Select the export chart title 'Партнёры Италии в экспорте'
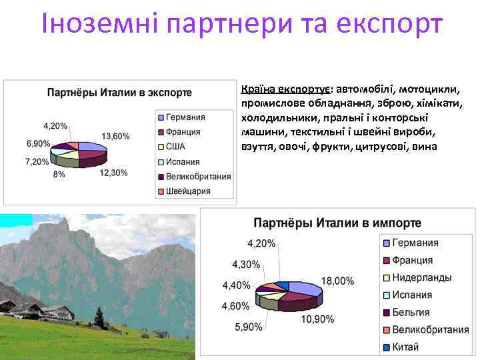(x=120, y=93)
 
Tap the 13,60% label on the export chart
(x=115, y=136)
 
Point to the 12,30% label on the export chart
(x=113, y=173)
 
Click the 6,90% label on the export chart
(x=39, y=143)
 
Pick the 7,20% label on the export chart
(x=37, y=161)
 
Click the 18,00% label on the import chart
(x=338, y=281)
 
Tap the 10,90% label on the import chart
(x=317, y=319)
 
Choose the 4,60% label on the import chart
(x=236, y=306)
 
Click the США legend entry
(x=175, y=147)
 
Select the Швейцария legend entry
(x=188, y=191)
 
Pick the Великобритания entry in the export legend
(x=198, y=177)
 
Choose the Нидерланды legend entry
(x=421, y=277)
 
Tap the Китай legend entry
(x=405, y=347)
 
